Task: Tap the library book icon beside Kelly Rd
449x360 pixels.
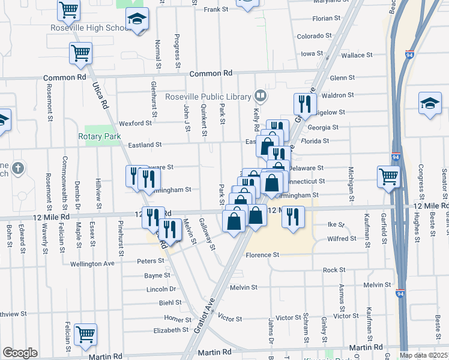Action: (x=261, y=95)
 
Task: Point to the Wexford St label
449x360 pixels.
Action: (x=135, y=123)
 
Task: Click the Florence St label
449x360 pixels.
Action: (x=262, y=255)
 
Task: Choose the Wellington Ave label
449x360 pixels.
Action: (x=92, y=263)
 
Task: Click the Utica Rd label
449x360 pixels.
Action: (x=101, y=94)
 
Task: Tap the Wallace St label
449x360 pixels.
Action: (x=357, y=55)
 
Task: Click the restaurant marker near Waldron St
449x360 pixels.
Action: (x=305, y=104)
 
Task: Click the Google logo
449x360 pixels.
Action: (x=20, y=353)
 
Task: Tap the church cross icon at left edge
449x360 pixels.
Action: (x=18, y=169)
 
